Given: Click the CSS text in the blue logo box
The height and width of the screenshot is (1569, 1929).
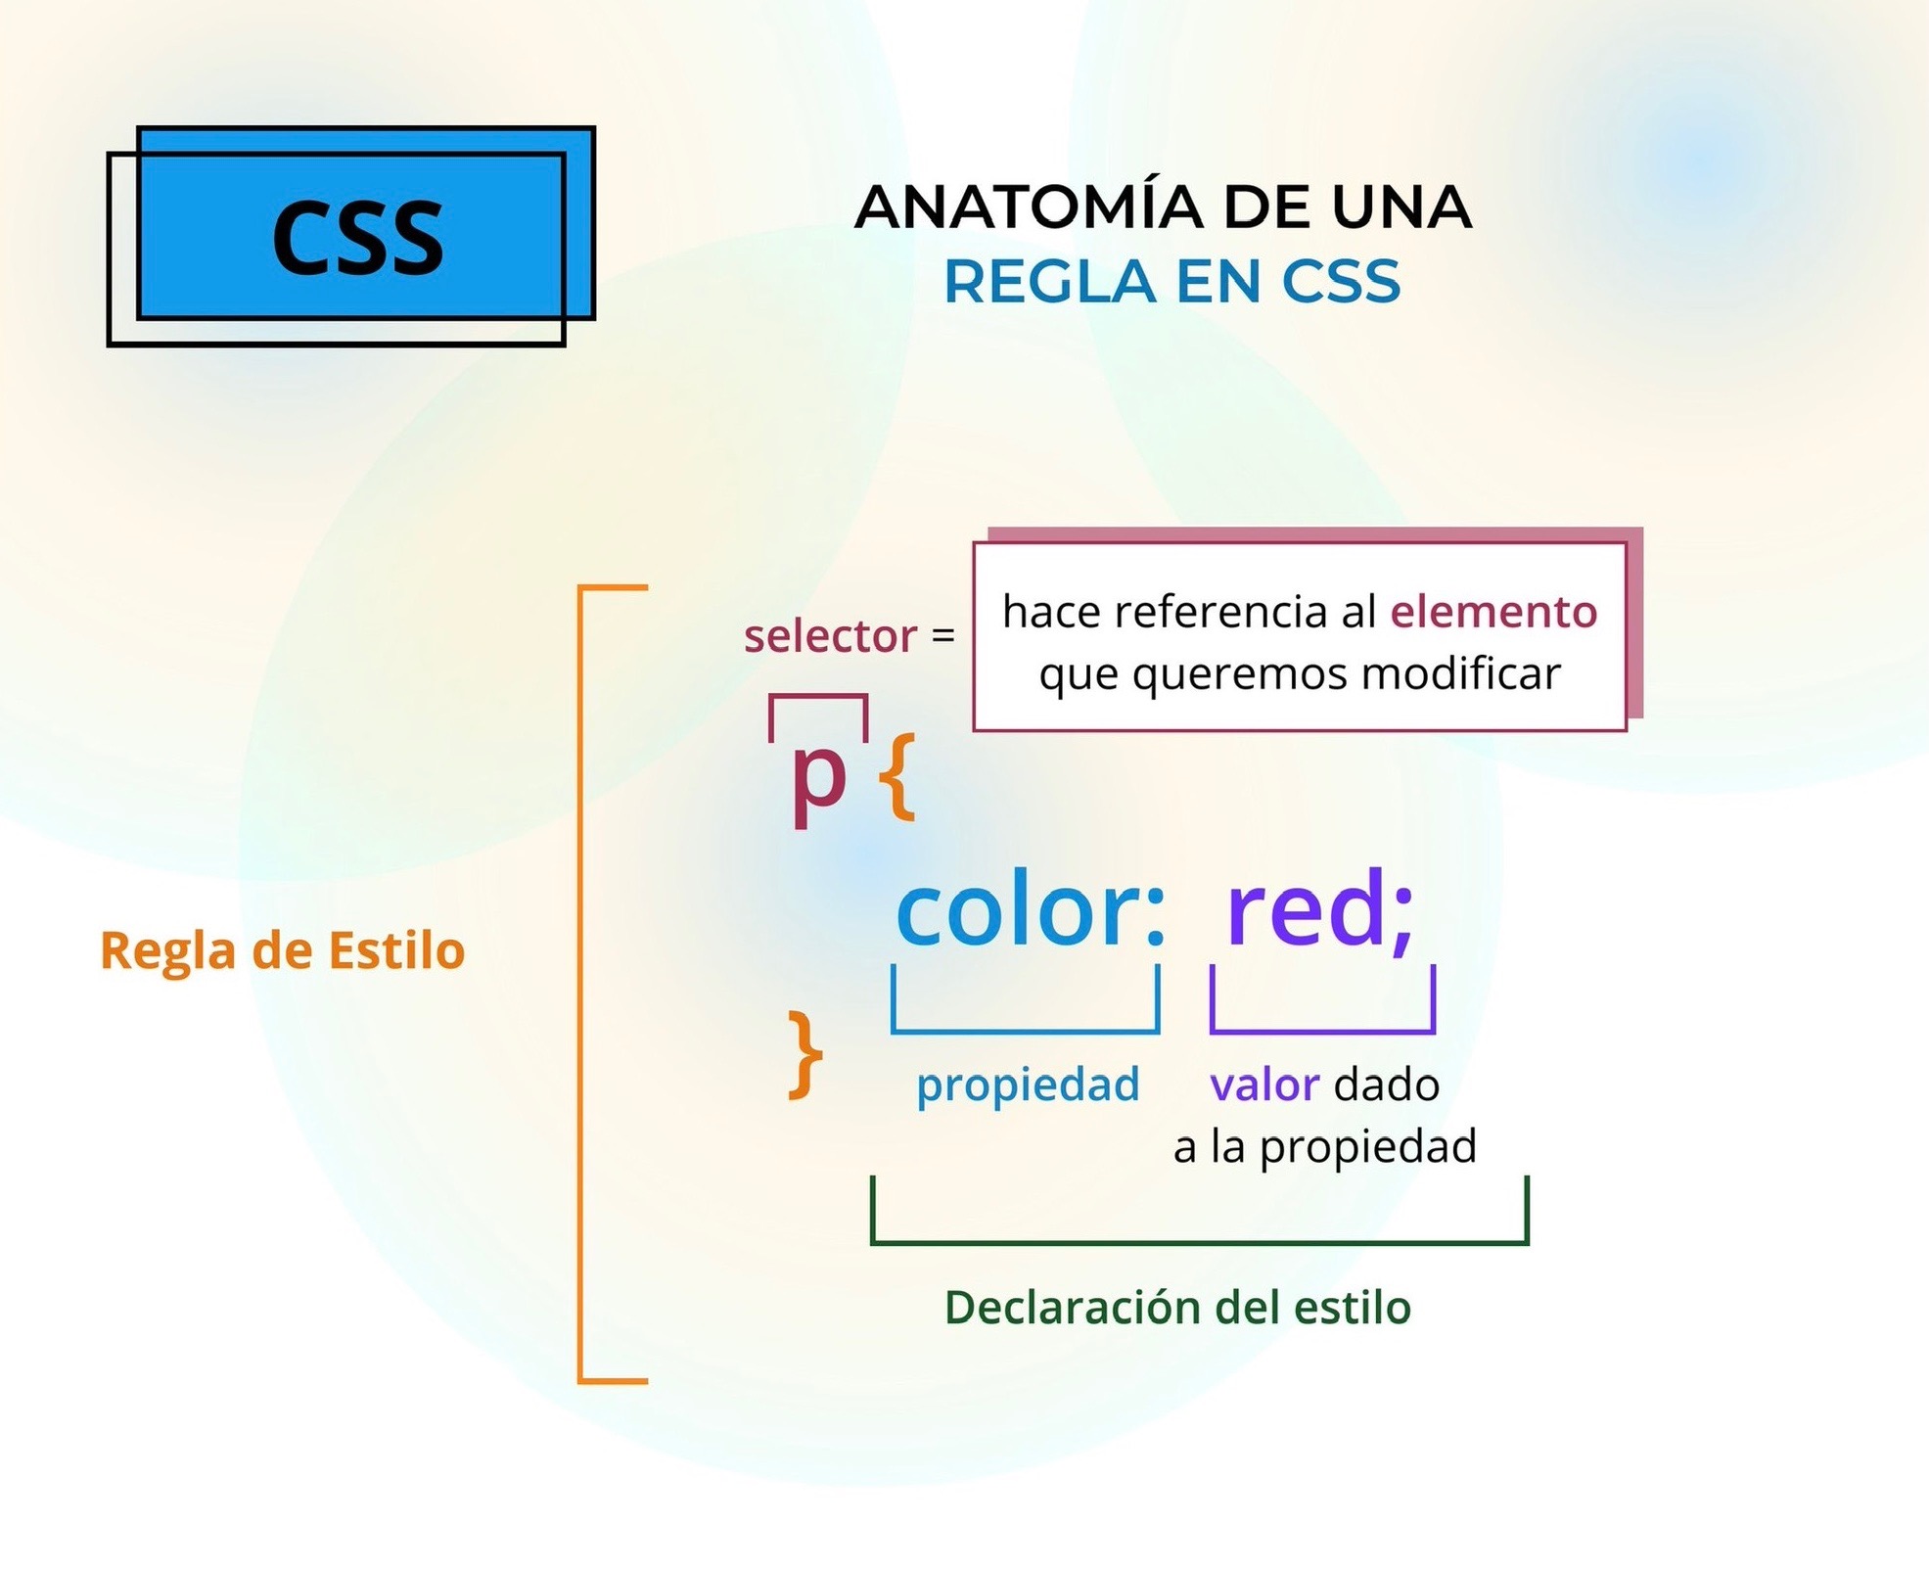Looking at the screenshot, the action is (x=358, y=237).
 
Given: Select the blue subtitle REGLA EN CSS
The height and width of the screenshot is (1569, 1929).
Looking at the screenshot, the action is (x=1171, y=282).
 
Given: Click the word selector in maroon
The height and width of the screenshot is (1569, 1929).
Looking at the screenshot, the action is (x=830, y=636).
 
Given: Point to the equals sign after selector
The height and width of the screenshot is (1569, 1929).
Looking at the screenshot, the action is (x=942, y=635).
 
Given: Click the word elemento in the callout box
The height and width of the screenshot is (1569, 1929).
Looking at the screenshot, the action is (x=1493, y=612).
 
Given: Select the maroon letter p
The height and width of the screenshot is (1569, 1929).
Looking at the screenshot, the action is (x=818, y=781).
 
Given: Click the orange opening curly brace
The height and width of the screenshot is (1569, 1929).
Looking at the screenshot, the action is (x=896, y=778).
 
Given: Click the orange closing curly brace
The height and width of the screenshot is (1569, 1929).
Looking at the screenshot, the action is (x=805, y=1057).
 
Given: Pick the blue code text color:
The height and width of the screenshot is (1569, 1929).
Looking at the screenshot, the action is (x=1031, y=909).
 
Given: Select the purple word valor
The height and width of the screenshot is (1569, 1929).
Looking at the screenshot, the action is (x=1264, y=1084).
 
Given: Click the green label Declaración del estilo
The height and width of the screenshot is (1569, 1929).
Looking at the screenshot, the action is (x=1177, y=1308).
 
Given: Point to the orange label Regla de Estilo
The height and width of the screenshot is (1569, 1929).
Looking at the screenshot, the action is (x=282, y=950).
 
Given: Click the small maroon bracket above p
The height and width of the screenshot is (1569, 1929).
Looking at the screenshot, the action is (x=817, y=696).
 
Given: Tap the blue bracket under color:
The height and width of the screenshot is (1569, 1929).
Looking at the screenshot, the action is (x=1025, y=1031).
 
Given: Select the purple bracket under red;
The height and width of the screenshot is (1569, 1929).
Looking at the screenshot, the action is (x=1322, y=1031).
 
